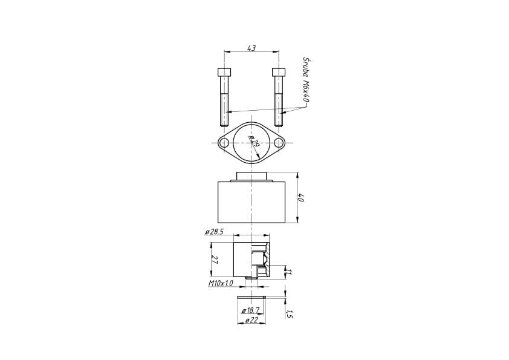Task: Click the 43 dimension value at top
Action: click(x=251, y=48)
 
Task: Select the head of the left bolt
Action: click(x=224, y=72)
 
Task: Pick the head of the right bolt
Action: click(x=279, y=72)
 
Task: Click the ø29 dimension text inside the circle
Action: click(x=253, y=143)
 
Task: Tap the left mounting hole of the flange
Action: click(x=224, y=143)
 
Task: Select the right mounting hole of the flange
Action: click(x=279, y=143)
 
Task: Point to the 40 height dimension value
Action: click(x=300, y=197)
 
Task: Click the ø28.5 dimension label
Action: click(x=214, y=232)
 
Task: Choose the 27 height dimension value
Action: click(x=214, y=259)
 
